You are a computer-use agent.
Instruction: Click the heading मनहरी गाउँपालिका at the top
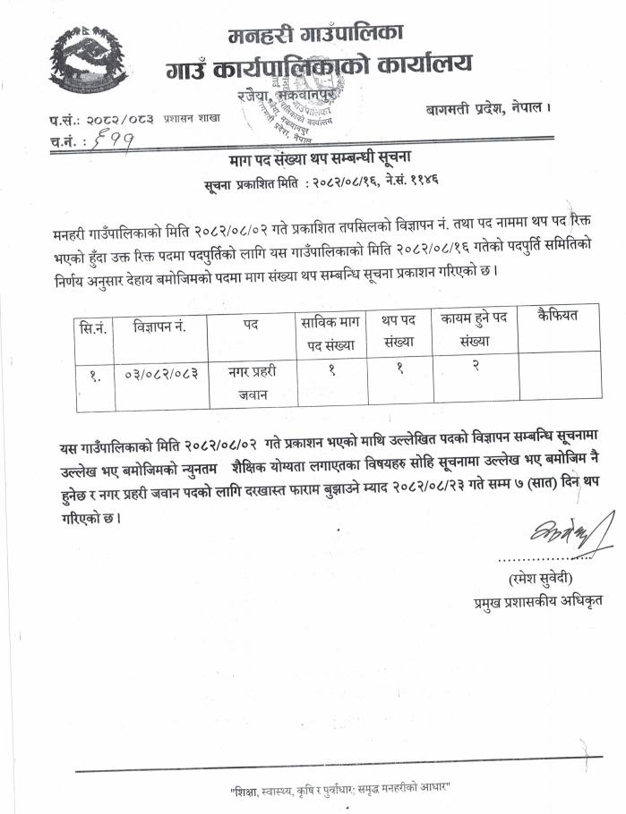(315, 35)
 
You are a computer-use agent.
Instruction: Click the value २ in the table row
(474, 368)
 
